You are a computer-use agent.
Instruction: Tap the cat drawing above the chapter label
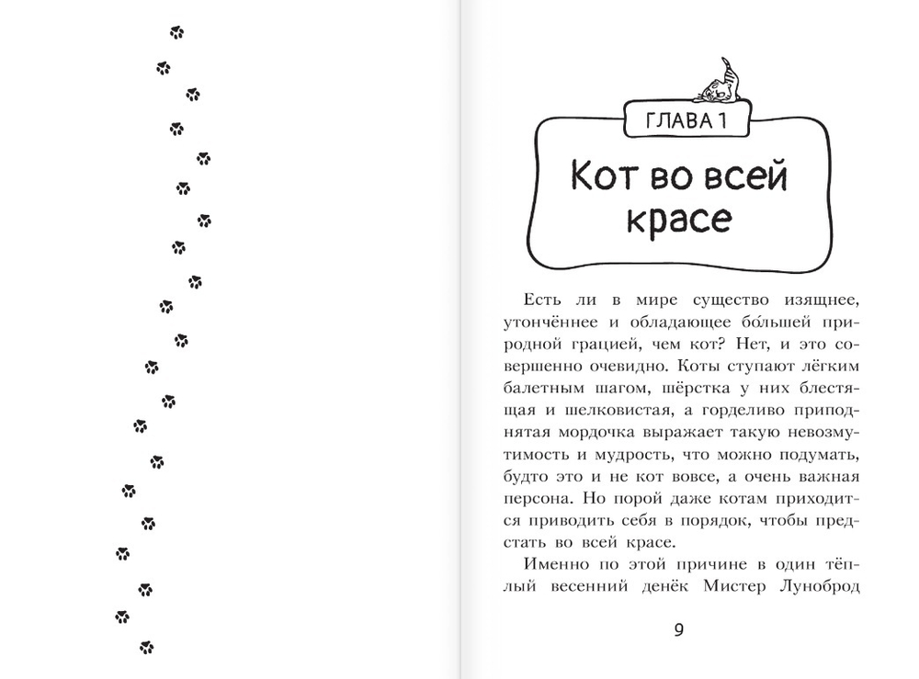click(722, 82)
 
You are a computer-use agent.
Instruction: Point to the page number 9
click(679, 630)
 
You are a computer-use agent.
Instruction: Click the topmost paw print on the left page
click(176, 33)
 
